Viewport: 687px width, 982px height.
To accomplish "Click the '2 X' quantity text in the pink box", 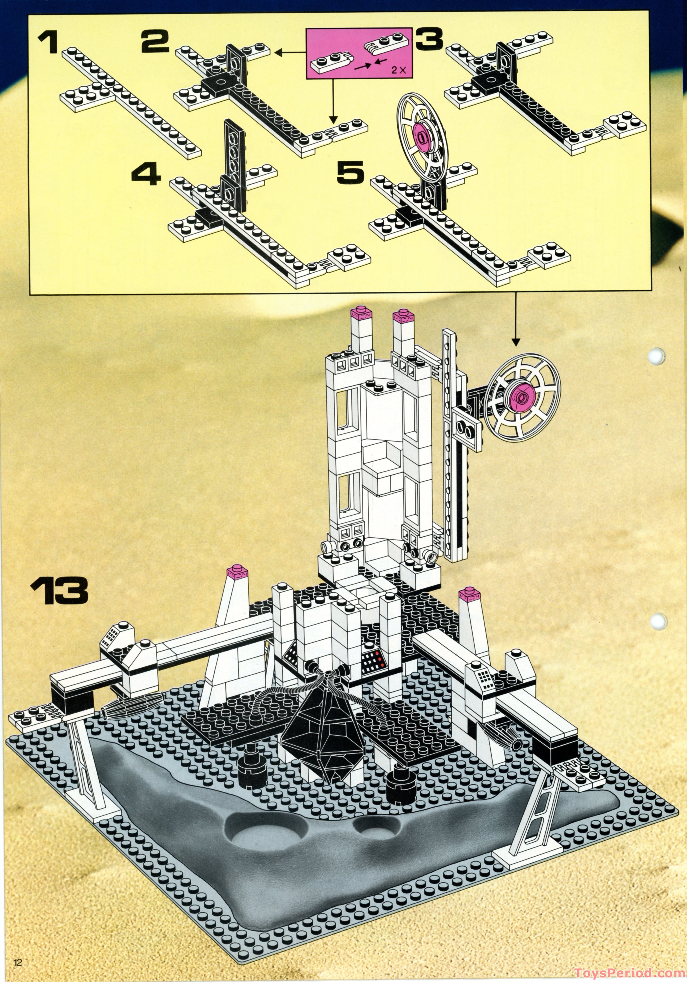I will pos(399,71).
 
